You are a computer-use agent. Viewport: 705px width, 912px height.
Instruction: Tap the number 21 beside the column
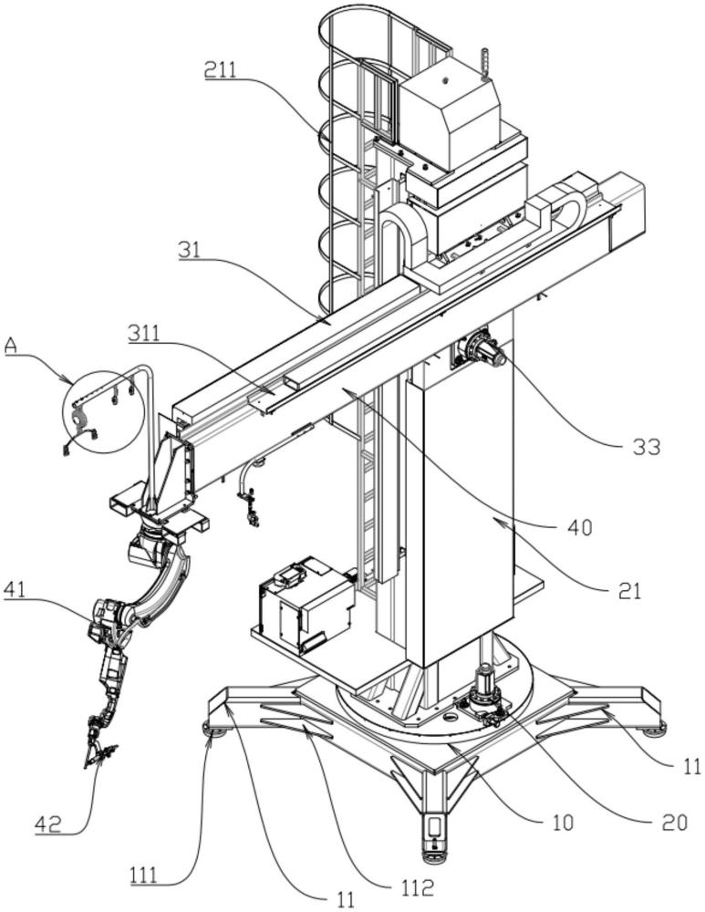point(629,591)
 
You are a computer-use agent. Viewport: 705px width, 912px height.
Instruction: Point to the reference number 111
point(144,876)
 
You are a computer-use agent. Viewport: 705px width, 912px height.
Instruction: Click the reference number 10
point(563,823)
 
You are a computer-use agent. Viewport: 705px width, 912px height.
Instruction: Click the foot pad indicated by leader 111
point(215,729)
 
